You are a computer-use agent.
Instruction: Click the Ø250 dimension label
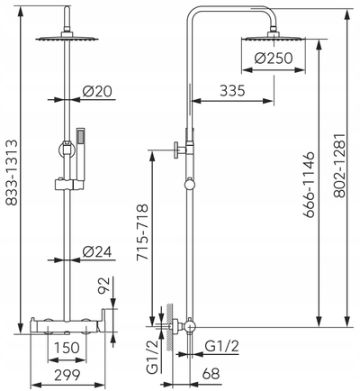274,59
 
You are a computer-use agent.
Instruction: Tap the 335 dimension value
232,90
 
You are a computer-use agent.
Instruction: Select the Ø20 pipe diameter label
97,91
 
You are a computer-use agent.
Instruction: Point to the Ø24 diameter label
97,251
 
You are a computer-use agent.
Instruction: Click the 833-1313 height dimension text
12,172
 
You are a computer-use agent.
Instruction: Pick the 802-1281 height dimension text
340,166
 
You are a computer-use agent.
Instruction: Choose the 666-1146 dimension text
309,185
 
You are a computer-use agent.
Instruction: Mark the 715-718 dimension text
142,232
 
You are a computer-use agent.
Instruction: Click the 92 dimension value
103,286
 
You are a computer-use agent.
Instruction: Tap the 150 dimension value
67,348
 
